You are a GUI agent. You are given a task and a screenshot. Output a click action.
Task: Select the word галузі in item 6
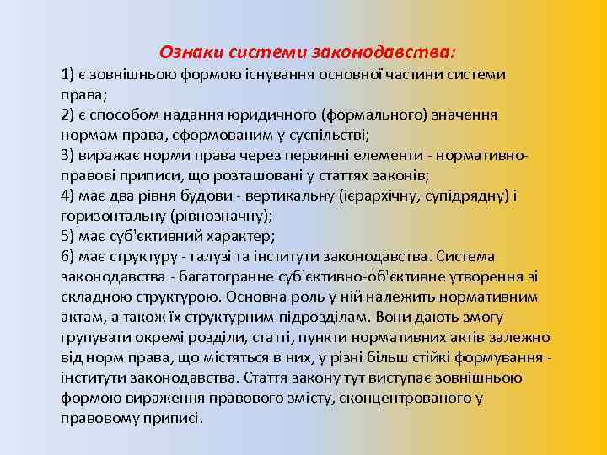234,256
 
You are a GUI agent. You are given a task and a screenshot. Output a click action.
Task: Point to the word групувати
94,337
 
